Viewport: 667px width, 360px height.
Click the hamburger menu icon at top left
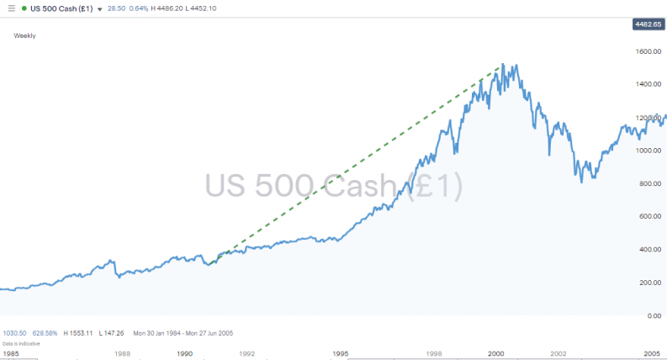[x=11, y=8]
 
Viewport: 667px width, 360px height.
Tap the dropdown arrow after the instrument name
[x=101, y=9]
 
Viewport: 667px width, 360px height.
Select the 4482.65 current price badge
[x=647, y=24]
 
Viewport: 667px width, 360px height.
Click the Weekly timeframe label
[x=24, y=36]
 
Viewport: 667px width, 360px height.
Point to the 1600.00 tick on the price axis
[x=649, y=51]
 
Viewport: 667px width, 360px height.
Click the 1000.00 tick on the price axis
[x=649, y=151]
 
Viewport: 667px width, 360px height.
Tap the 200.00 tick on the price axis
[x=651, y=283]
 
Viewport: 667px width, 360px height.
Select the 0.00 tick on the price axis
[x=654, y=315]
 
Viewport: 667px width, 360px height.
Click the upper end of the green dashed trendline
[x=502, y=65]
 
